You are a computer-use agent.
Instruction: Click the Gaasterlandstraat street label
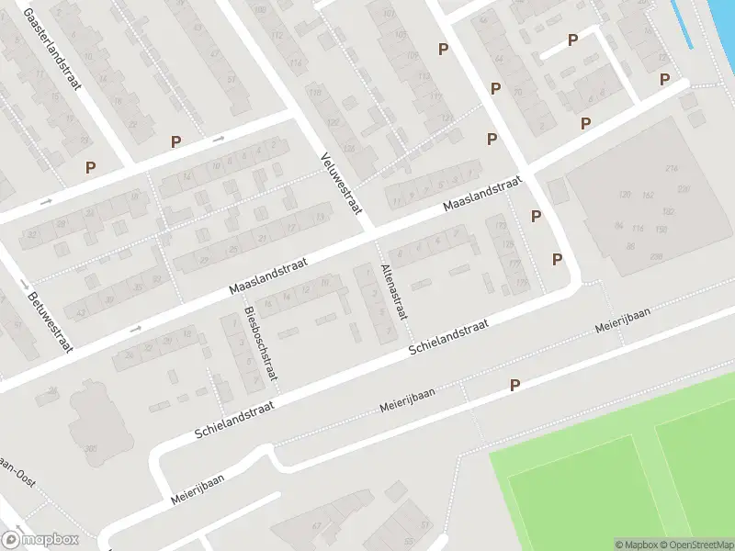pyautogui.click(x=52, y=49)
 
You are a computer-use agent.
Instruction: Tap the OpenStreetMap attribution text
pyautogui.click(x=692, y=545)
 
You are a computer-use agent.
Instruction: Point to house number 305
pyautogui.click(x=91, y=447)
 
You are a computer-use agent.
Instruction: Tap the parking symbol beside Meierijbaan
pyautogui.click(x=515, y=387)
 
